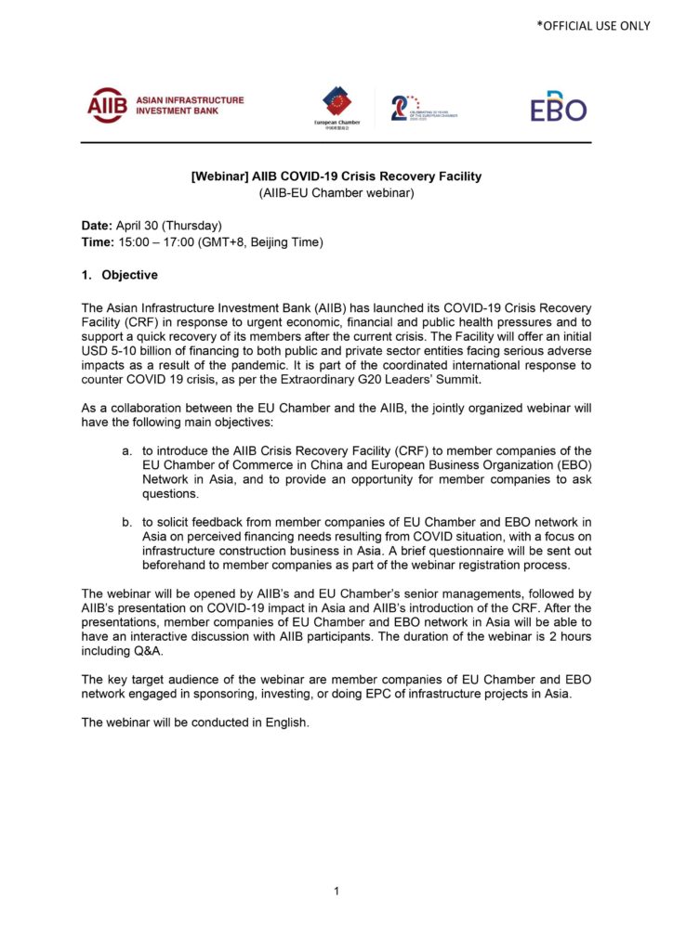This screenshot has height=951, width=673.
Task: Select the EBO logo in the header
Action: (559, 107)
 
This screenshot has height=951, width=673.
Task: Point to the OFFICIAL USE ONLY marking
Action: (593, 26)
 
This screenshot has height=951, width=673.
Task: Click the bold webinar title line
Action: (336, 176)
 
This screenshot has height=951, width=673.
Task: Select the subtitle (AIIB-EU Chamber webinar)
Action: (336, 193)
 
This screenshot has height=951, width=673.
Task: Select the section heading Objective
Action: (129, 275)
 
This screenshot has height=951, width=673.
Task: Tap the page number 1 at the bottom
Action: (336, 892)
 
